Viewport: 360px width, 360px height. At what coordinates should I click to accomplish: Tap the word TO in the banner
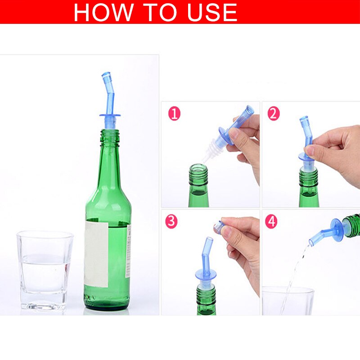[x=157, y=12]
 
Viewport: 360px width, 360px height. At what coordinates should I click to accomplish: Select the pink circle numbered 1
[x=175, y=113]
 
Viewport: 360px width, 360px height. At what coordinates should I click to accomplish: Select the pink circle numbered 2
[x=273, y=113]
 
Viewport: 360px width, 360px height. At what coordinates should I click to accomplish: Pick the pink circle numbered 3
[x=171, y=221]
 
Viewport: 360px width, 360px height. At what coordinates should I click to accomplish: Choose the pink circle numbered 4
[x=271, y=221]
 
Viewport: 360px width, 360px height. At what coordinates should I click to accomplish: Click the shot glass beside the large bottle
[x=45, y=270]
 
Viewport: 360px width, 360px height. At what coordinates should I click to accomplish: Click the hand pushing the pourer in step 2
[x=335, y=151]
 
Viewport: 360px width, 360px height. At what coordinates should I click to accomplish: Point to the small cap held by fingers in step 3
[x=219, y=227]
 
